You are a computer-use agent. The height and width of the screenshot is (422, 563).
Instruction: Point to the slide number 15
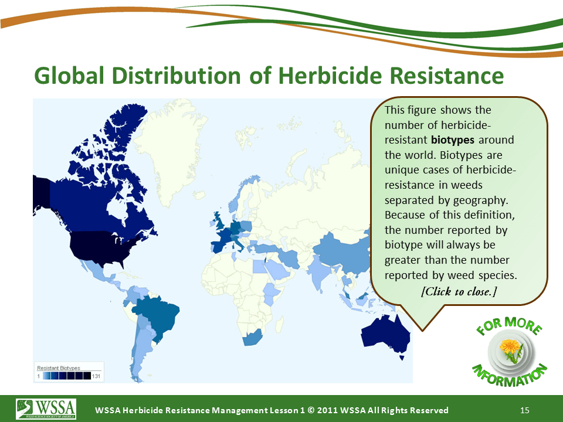pos(524,410)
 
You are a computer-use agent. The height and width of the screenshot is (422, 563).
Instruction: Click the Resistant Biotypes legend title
pos(59,368)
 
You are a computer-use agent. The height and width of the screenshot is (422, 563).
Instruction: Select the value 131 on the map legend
pos(96,376)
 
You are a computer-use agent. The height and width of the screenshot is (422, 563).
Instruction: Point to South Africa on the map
pos(252,338)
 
